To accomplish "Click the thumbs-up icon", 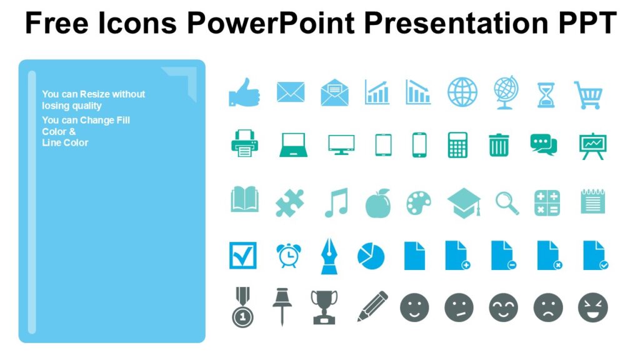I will pyautogui.click(x=244, y=92).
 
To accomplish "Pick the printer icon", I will pyautogui.click(x=244, y=144).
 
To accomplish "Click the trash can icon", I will pyautogui.click(x=499, y=145).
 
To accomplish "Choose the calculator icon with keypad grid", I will pyautogui.click(x=457, y=145).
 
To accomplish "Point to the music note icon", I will pyautogui.click(x=336, y=202).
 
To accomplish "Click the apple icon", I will pyautogui.click(x=377, y=203).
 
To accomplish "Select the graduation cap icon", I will pyautogui.click(x=464, y=202).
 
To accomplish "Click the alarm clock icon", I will pyautogui.click(x=288, y=255).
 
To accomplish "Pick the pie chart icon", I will pyautogui.click(x=371, y=256).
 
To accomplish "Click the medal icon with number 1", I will pyautogui.click(x=242, y=307).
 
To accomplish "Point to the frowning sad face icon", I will pyautogui.click(x=548, y=307).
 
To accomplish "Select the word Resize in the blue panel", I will pyautogui.click(x=95, y=94).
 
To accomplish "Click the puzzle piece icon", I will pyautogui.click(x=290, y=202).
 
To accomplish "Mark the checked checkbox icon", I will pyautogui.click(x=242, y=255).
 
